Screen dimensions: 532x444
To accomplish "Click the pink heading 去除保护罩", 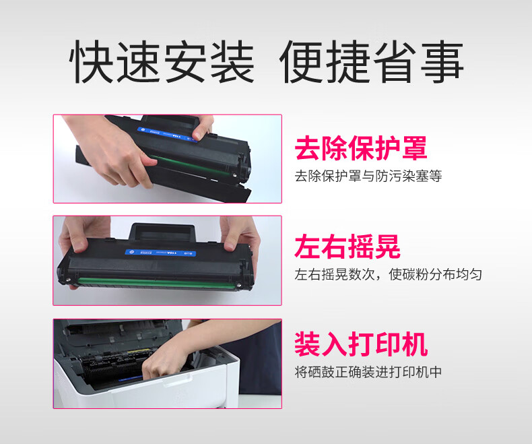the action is (x=361, y=148).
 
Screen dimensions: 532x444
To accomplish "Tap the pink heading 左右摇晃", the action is (x=347, y=247).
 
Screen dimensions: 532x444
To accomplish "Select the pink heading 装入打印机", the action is (x=361, y=344).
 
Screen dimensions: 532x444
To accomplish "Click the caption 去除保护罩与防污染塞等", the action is (x=368, y=176).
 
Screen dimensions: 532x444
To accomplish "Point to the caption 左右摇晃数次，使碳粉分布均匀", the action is (x=388, y=274).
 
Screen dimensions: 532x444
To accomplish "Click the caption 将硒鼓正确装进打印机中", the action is (x=368, y=372).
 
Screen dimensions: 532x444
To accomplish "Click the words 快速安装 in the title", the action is (x=162, y=61).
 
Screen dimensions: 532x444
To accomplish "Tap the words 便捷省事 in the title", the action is (x=371, y=61).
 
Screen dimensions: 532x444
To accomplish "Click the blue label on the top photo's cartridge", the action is (x=167, y=135).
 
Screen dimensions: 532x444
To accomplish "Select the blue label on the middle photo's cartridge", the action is (x=160, y=253).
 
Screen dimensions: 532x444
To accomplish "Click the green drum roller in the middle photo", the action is (x=156, y=283).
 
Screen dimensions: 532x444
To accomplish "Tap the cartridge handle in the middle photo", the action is (x=162, y=232).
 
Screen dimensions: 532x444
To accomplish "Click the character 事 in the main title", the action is (x=442, y=61).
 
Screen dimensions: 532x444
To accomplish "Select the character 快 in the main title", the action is (x=92, y=61).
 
